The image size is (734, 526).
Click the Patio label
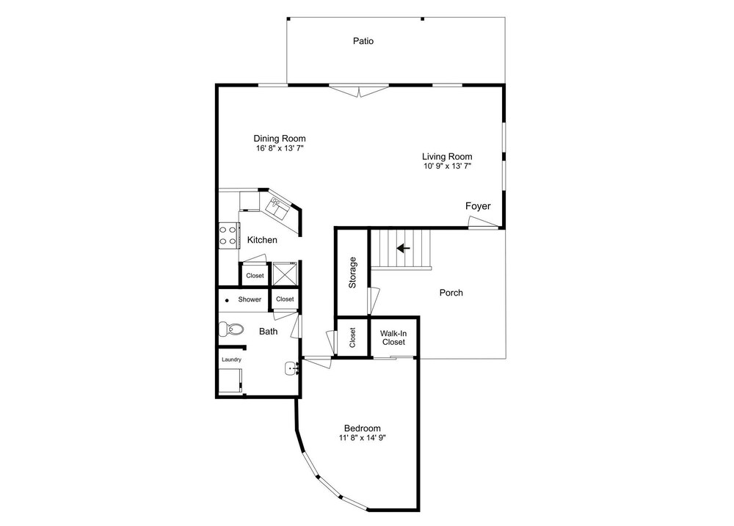tap(363, 41)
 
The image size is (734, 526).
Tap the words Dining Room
tap(280, 138)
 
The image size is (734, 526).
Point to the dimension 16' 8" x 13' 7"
tap(280, 148)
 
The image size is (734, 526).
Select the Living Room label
tap(446, 156)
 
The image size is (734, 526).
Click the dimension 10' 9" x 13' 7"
tap(446, 167)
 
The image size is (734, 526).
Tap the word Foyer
tap(478, 206)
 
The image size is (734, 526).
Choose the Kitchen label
tap(262, 240)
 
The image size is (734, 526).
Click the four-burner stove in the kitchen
tap(228, 235)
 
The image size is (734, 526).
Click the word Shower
tap(250, 299)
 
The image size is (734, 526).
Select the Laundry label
tap(232, 359)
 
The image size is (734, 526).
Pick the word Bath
tap(269, 332)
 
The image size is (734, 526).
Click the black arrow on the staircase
tap(403, 248)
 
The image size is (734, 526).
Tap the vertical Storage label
tap(352, 271)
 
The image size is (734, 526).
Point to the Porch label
tap(451, 293)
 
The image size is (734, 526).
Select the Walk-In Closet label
tap(393, 337)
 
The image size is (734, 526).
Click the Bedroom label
tap(363, 428)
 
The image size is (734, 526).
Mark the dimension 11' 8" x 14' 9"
tap(363, 438)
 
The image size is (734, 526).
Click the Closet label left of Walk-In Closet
tap(353, 337)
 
